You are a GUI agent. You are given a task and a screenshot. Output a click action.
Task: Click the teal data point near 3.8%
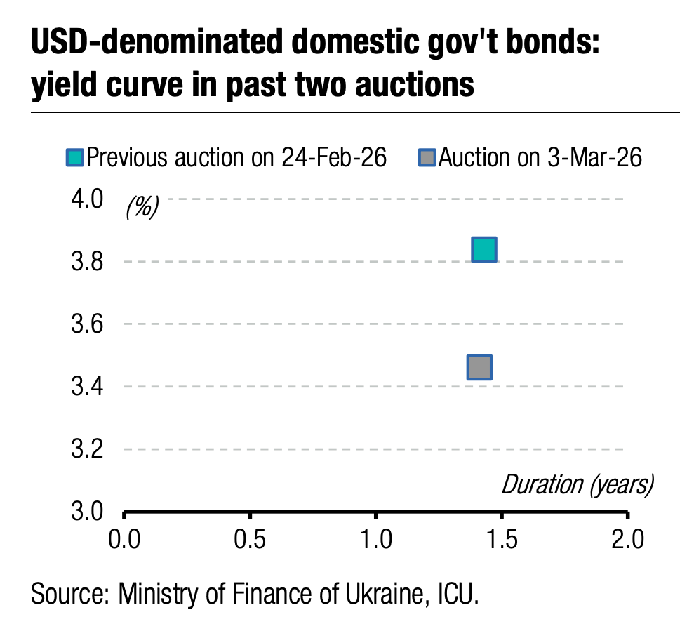(484, 249)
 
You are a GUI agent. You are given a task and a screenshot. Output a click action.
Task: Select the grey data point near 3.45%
(479, 367)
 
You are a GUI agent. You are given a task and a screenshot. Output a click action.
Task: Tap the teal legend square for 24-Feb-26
(75, 157)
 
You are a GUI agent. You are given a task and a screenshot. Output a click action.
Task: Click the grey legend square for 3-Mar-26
(427, 157)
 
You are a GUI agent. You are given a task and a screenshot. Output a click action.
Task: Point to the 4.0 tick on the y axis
(87, 199)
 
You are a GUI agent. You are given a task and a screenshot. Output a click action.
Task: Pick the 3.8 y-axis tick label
(87, 263)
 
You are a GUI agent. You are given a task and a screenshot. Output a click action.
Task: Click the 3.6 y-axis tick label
(87, 324)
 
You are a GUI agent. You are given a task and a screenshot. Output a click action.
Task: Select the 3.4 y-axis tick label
(87, 387)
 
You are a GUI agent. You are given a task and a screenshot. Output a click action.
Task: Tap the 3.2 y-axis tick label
(87, 449)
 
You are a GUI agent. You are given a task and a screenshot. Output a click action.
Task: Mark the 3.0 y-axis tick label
(87, 511)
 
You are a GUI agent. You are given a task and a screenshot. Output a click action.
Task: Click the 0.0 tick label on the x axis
(124, 540)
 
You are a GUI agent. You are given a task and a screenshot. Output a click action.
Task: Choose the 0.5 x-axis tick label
(250, 540)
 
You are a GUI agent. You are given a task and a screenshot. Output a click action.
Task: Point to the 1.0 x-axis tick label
(376, 540)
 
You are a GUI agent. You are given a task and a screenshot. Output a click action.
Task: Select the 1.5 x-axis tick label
(502, 540)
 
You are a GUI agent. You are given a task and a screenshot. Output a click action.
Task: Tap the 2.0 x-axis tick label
(627, 540)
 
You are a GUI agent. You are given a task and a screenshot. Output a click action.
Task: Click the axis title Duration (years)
(577, 484)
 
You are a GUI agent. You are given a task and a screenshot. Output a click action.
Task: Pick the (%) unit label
(142, 207)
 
